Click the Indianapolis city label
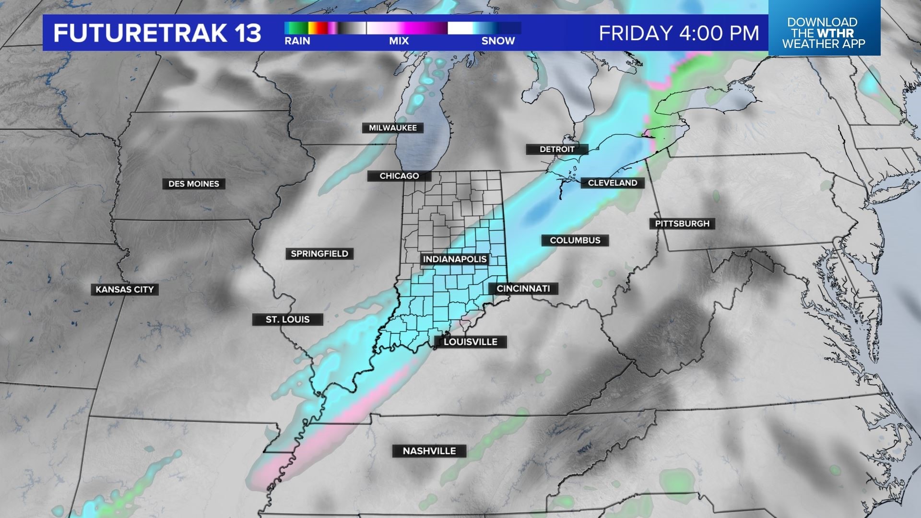pyautogui.click(x=455, y=259)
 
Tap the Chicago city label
pyautogui.click(x=399, y=176)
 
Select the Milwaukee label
pyautogui.click(x=393, y=128)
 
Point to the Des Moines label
pyautogui.click(x=194, y=184)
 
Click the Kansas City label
pyautogui.click(x=125, y=290)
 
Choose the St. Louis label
pyautogui.click(x=288, y=319)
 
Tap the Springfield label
pyautogui.click(x=319, y=254)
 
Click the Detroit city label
pyautogui.click(x=557, y=149)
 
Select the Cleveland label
pyautogui.click(x=613, y=183)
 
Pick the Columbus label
pyautogui.click(x=575, y=240)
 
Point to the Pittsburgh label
pyautogui.click(x=682, y=224)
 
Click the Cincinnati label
pyautogui.click(x=523, y=289)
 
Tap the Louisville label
pyautogui.click(x=471, y=342)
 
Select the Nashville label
pyautogui.click(x=429, y=451)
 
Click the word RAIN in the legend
pyautogui.click(x=297, y=41)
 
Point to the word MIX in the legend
pyautogui.click(x=399, y=41)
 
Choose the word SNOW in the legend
pyautogui.click(x=498, y=41)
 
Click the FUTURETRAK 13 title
pyautogui.click(x=157, y=33)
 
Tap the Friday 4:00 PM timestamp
pyautogui.click(x=679, y=33)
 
